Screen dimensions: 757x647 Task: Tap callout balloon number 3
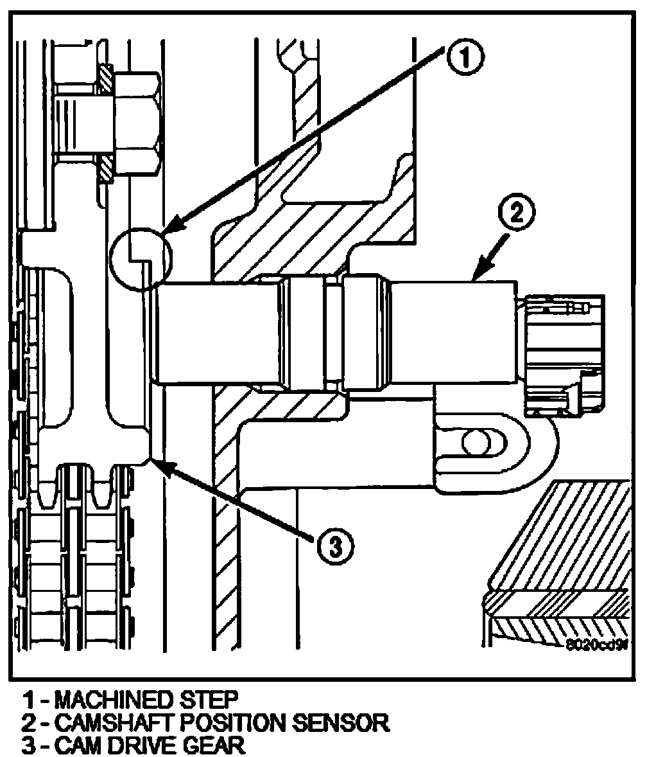[x=335, y=548]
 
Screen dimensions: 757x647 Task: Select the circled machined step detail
[x=141, y=258]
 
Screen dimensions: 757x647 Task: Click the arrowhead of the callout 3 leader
[x=155, y=462]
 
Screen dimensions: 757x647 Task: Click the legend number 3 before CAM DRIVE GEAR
[x=30, y=745]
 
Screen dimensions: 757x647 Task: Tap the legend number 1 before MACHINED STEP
[x=29, y=699]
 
